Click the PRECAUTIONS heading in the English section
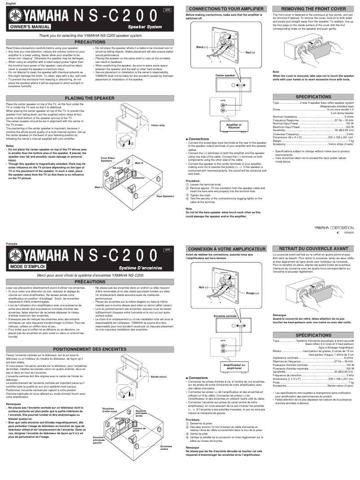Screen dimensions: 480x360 coord(90,42)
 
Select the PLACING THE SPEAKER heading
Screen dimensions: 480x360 coord(90,98)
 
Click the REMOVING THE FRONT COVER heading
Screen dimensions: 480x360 coord(313,9)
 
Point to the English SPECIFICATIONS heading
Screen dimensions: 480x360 coord(313,97)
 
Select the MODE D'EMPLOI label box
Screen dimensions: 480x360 coord(27,267)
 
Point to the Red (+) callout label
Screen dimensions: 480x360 coord(250,53)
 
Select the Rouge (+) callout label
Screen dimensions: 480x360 coord(252,293)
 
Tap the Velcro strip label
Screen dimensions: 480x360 coord(158,125)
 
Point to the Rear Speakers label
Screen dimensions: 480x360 coord(165,196)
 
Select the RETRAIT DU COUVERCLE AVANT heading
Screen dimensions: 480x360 coord(313,248)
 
